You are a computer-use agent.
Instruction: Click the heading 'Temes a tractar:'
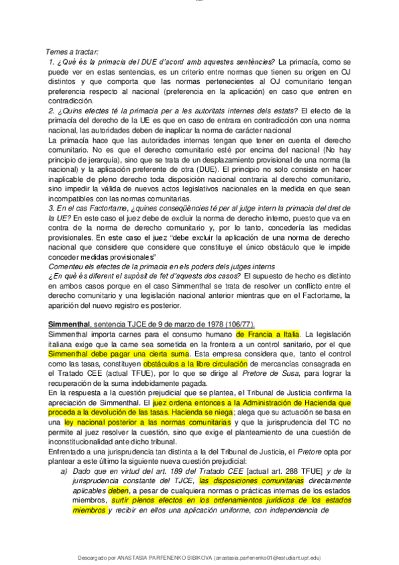tap(72, 52)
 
